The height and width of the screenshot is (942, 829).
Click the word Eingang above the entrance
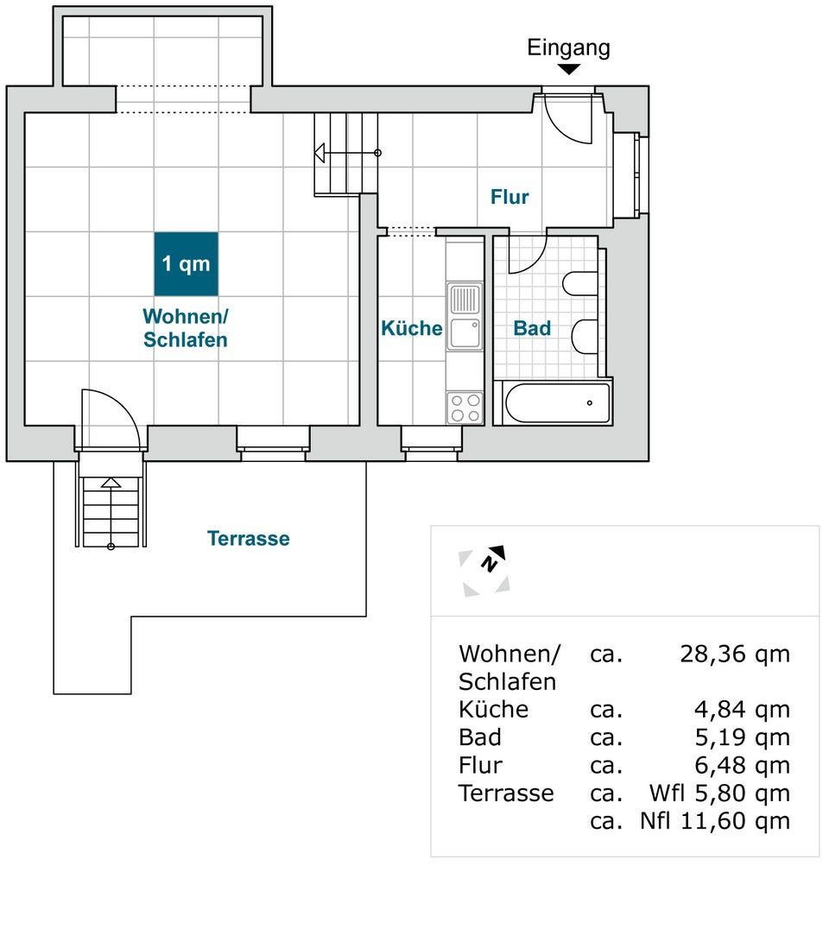click(x=568, y=47)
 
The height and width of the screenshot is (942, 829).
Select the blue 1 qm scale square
click(x=187, y=263)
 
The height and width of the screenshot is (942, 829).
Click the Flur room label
click(x=509, y=197)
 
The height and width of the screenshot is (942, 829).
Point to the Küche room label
click(x=412, y=328)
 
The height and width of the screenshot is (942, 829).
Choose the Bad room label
click(x=532, y=328)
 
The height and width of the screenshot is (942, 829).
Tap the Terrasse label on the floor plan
click(x=249, y=539)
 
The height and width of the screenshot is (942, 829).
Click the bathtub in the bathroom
click(x=557, y=403)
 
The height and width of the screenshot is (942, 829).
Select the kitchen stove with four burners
click(x=465, y=408)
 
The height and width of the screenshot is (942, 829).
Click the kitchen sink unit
click(x=465, y=316)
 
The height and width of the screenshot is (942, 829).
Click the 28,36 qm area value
click(x=734, y=654)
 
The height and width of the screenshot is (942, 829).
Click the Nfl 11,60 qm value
click(x=715, y=820)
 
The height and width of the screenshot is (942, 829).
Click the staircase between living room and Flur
click(x=346, y=154)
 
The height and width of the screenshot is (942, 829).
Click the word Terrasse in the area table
click(x=506, y=793)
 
